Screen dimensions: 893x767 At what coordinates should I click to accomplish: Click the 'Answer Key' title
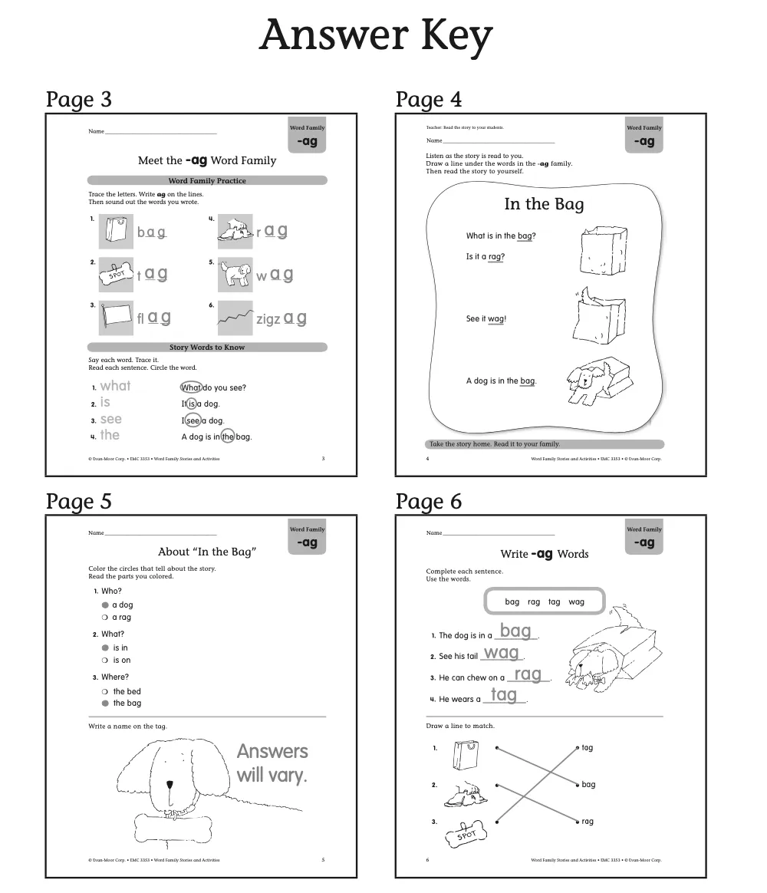376,35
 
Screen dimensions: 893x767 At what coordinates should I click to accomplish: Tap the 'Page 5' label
78,502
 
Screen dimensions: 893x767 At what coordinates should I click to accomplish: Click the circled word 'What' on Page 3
191,387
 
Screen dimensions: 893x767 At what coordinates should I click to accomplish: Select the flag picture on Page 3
117,317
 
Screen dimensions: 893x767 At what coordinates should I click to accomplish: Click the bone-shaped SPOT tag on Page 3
117,274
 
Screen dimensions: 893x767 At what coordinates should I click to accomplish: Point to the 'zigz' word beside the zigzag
268,319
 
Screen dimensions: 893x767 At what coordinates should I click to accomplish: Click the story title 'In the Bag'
544,204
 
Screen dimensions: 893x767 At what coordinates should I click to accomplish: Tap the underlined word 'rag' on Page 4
495,257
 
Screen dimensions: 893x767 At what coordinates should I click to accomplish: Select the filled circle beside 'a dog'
105,605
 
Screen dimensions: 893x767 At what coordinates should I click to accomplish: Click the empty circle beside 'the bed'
105,691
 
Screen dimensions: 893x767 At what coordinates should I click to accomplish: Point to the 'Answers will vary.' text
272,763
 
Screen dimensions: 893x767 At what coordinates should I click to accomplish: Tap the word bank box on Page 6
545,602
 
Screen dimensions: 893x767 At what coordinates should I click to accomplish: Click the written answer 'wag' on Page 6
502,653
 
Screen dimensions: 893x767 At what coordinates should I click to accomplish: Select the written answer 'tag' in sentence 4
503,695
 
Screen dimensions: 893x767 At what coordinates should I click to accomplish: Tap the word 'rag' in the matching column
588,822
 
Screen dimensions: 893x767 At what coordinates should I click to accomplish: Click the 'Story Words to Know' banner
207,348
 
